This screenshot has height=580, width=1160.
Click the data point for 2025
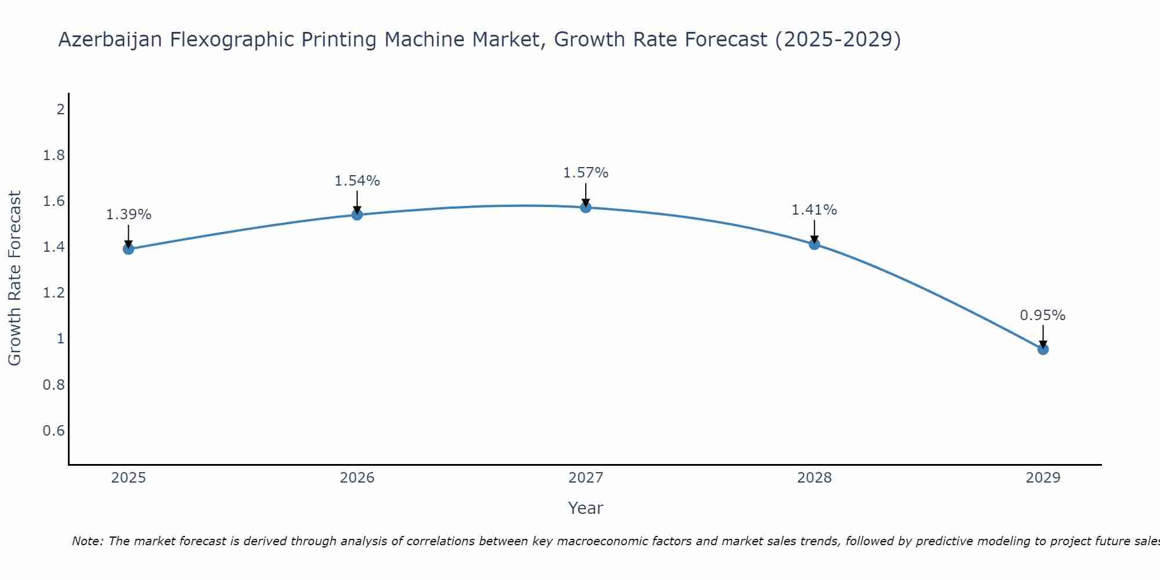(x=128, y=249)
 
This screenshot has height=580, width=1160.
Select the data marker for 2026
(x=357, y=215)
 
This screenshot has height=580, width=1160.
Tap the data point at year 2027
(x=586, y=207)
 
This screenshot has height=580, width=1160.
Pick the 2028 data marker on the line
(x=814, y=244)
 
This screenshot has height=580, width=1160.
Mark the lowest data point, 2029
(x=1043, y=349)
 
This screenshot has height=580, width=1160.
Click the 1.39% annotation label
(x=128, y=215)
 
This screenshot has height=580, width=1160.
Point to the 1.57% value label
(x=586, y=173)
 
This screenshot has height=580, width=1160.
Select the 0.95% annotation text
(x=1043, y=316)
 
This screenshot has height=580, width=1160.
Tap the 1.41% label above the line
(x=814, y=210)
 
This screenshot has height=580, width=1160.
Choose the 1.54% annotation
(x=357, y=181)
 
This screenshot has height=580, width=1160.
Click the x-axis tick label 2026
(x=357, y=478)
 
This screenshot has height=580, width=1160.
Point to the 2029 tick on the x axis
(x=1043, y=478)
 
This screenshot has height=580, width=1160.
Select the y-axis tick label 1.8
(x=54, y=155)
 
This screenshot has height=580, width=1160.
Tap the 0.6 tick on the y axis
(x=54, y=430)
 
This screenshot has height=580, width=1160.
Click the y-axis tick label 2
(x=60, y=109)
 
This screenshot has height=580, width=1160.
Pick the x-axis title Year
(x=586, y=508)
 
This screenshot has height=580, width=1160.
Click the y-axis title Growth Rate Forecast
(x=14, y=278)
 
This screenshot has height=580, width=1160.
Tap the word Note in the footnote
(x=87, y=541)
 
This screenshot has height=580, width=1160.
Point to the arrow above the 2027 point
(x=586, y=195)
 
